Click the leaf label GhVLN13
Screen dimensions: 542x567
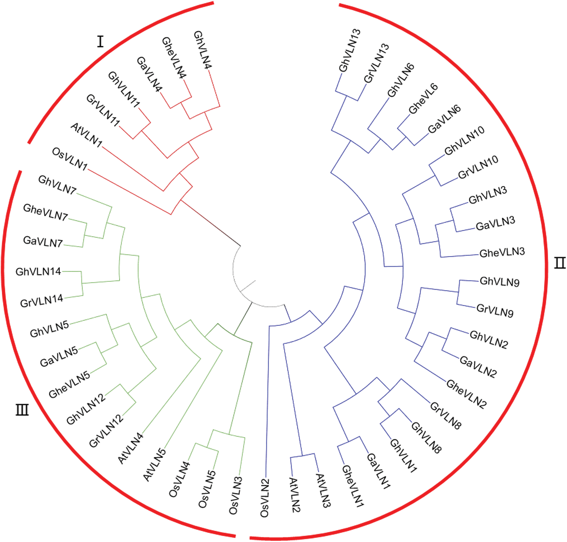click(x=350, y=50)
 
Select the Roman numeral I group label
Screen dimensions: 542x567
click(x=100, y=41)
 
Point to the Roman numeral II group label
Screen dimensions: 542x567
click(x=560, y=263)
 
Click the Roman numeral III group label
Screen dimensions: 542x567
click(x=22, y=409)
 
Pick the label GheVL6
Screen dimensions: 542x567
click(x=423, y=99)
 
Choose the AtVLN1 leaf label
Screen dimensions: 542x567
click(x=86, y=135)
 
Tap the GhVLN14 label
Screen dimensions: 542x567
click(x=38, y=272)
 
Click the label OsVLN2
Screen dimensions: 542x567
click(x=264, y=498)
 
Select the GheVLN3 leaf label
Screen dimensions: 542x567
click(x=502, y=252)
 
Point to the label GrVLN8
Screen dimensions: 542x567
click(x=446, y=416)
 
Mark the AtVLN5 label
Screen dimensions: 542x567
click(x=155, y=464)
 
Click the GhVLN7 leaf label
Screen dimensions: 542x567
click(x=57, y=185)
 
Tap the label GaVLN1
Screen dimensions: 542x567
click(x=378, y=471)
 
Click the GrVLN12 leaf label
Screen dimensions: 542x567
click(x=106, y=431)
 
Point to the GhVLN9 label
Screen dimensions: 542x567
click(x=500, y=282)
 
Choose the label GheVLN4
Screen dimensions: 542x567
click(x=174, y=58)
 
